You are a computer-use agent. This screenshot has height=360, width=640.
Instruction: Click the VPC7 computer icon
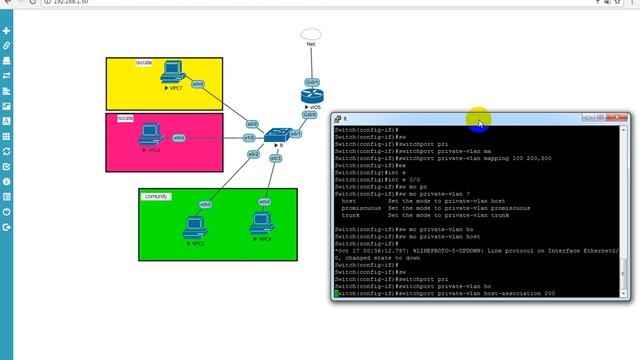coord(172,73)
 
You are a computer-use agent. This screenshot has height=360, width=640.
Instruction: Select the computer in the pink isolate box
coord(150,132)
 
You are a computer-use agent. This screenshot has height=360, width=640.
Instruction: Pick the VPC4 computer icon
coord(263,223)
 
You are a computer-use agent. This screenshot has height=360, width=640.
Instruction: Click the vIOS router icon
coord(312,96)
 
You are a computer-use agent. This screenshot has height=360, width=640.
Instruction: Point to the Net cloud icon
coord(311,36)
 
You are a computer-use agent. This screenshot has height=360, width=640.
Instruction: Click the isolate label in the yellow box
coord(144,62)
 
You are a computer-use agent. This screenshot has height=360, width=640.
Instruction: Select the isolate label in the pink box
coord(125,118)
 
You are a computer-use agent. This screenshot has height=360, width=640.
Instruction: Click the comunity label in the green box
coord(155,196)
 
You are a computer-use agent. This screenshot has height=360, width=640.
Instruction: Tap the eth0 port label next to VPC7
coord(198,85)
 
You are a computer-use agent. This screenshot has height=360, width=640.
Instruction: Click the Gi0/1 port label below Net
coord(313,82)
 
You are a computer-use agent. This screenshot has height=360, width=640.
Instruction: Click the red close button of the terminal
coord(623,118)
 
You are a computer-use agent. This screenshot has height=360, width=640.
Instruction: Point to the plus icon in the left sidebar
coord(7,31)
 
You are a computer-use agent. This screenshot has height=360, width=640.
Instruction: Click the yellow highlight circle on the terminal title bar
coord(479,120)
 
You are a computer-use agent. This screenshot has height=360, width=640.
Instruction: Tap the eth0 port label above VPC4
coord(265,202)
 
